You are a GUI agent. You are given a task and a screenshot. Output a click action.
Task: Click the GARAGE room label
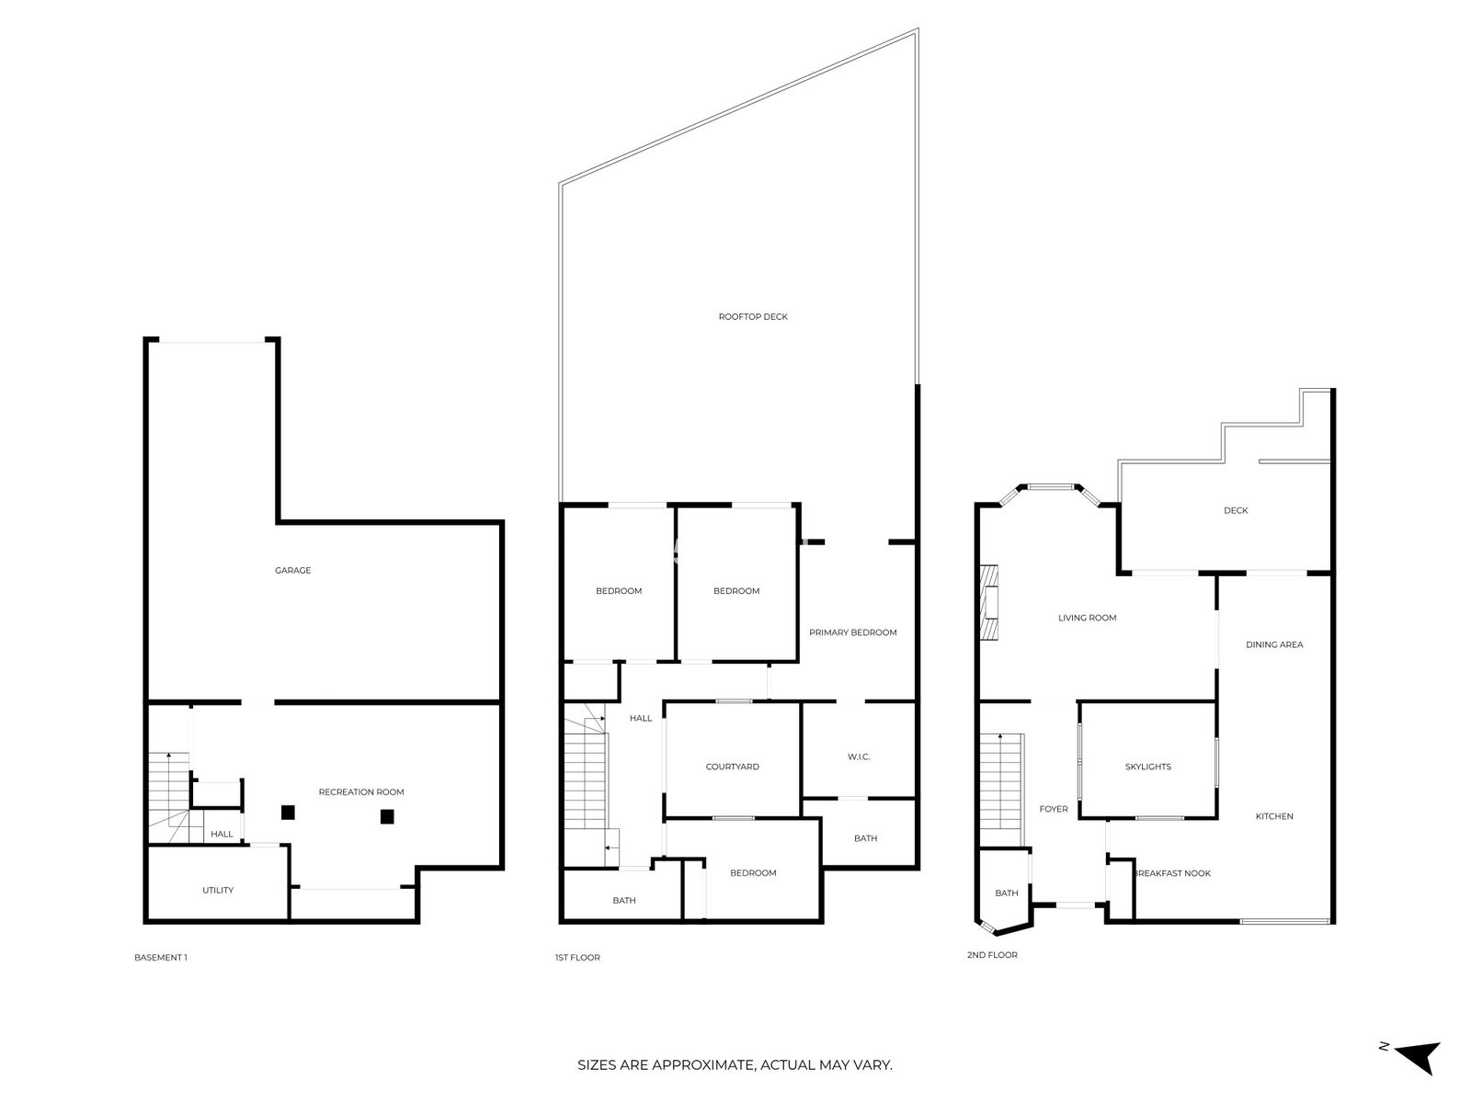click(x=293, y=571)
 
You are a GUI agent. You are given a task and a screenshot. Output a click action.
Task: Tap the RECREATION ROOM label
click(x=361, y=792)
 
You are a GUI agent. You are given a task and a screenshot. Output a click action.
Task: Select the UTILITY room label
click(x=218, y=890)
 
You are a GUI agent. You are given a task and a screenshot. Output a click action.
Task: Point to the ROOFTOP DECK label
click(x=753, y=317)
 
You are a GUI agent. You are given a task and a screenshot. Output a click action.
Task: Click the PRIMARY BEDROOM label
click(x=852, y=632)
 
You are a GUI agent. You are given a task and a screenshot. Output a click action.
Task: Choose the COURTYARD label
click(x=732, y=767)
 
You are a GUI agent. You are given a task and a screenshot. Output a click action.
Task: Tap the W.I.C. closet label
click(x=859, y=756)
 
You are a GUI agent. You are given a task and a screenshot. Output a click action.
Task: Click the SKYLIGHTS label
click(x=1148, y=767)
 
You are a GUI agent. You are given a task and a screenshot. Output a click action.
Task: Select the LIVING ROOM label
click(x=1087, y=618)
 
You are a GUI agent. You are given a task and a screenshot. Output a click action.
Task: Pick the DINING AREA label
click(x=1274, y=645)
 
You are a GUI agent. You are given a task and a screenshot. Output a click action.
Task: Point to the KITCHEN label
click(x=1274, y=816)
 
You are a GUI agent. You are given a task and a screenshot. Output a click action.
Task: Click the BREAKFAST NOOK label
click(x=1172, y=873)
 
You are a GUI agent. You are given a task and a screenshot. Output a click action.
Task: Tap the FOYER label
click(x=1054, y=809)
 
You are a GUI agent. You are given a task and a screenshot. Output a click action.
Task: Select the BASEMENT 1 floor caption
click(x=161, y=958)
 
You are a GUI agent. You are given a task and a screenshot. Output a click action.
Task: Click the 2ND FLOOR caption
click(x=992, y=955)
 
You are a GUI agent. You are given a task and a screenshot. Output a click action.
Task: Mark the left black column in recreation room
click(x=288, y=813)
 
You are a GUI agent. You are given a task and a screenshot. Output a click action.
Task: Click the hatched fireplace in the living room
click(x=989, y=602)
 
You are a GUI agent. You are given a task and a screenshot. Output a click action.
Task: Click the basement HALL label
click(x=222, y=835)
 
